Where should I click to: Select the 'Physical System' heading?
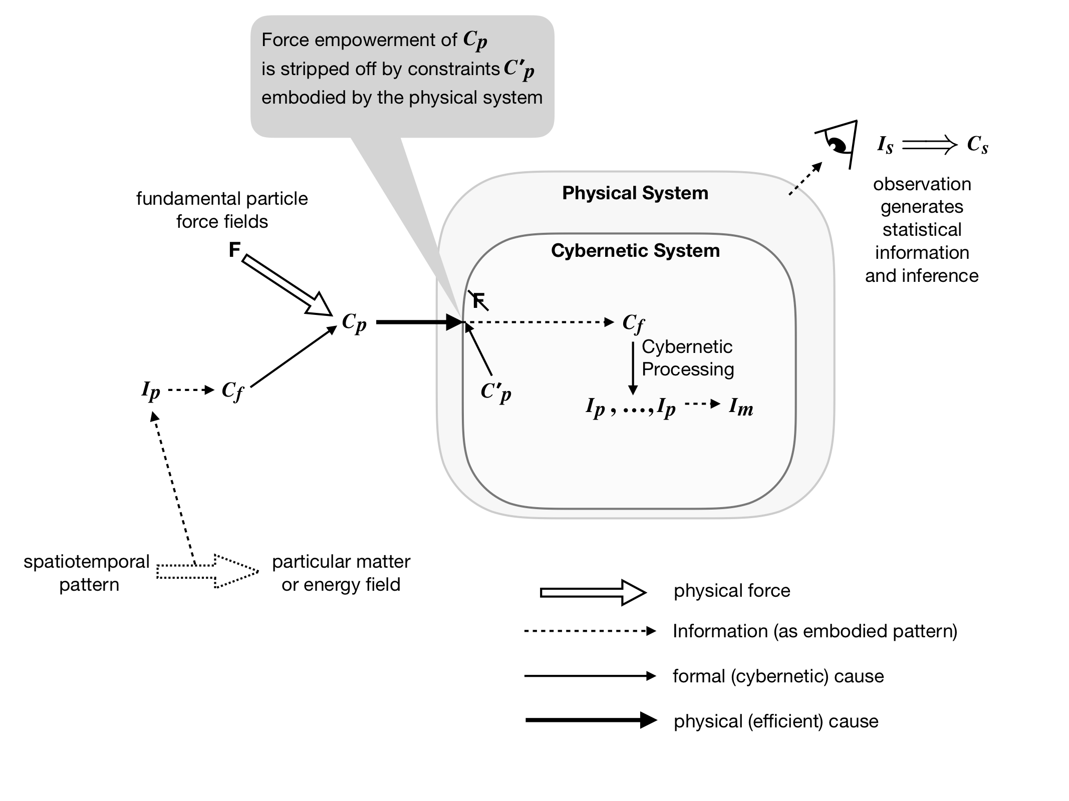pos(635,193)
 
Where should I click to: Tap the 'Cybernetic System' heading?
pos(635,251)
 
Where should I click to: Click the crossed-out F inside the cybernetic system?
pos(478,300)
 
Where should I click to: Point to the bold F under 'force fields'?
pos(234,249)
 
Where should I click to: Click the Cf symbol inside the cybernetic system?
pos(633,323)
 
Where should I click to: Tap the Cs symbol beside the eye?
pos(977,145)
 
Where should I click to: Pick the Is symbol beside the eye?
pos(885,145)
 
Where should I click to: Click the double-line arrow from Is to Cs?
pos(929,146)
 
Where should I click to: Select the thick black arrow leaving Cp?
pos(418,322)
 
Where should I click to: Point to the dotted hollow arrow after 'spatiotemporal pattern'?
pos(207,571)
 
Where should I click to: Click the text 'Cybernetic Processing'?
pos(687,358)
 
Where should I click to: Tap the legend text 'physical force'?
pos(731,591)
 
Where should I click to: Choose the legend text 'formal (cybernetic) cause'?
pos(777,676)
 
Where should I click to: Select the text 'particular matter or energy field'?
pos(341,573)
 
